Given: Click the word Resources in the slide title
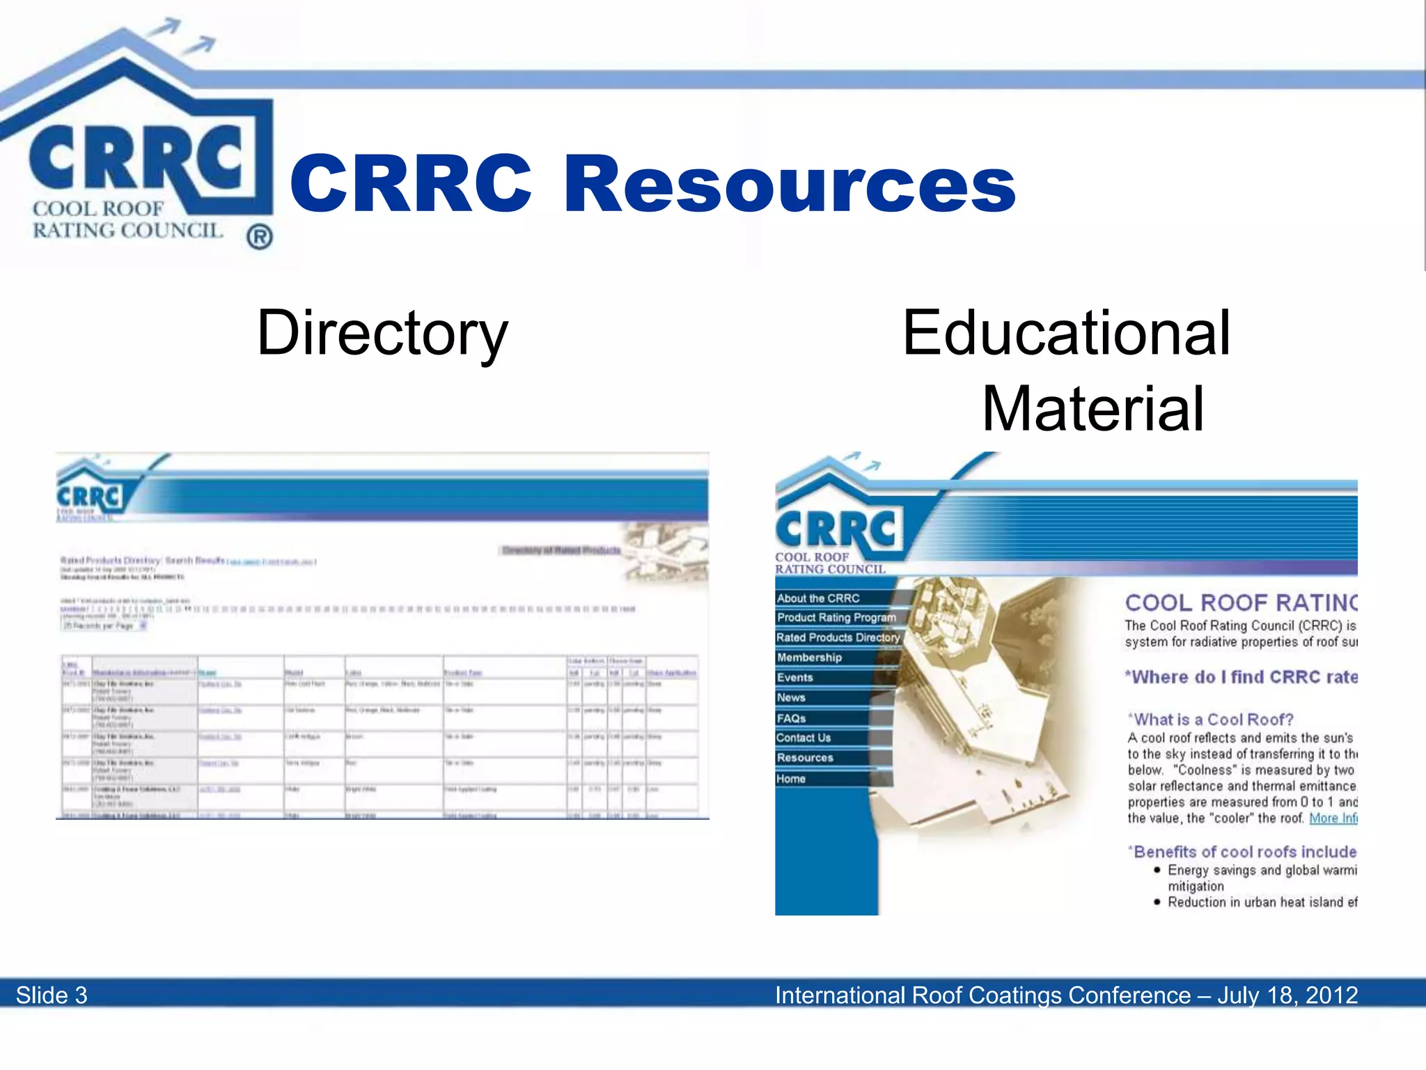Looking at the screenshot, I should tap(790, 185).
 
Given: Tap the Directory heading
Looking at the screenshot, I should tap(382, 333).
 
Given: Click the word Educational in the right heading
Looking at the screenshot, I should tap(1066, 333).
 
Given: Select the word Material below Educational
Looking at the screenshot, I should tap(1092, 409).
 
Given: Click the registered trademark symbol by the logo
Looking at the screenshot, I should tap(259, 238).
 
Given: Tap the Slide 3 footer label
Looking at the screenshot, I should tap(52, 995).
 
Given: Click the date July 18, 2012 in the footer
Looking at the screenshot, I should tap(1287, 995).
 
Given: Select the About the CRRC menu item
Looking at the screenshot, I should tap(818, 598).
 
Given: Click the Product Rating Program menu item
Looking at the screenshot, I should tap(836, 618).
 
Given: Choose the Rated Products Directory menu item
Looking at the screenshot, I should tap(838, 637).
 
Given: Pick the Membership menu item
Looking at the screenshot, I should tap(809, 658).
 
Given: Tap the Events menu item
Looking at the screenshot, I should tap(794, 678).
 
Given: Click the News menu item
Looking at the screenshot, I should tap(791, 698).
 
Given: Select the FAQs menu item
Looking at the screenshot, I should tap(791, 718).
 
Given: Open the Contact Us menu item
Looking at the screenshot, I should tap(804, 738).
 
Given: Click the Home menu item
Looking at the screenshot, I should tap(791, 779).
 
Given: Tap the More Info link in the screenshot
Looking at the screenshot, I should tap(1333, 819).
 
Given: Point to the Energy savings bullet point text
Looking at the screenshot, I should tap(1261, 871).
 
